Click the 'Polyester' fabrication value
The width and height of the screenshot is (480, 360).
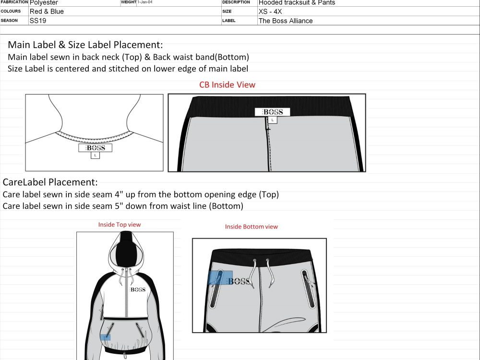[44, 3]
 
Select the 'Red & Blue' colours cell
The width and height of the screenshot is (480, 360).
[47, 12]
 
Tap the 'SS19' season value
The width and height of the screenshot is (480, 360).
[38, 21]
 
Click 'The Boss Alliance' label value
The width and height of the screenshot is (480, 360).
[286, 21]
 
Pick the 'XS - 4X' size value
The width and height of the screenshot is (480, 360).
[270, 12]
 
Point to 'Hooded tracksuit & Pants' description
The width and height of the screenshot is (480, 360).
[297, 3]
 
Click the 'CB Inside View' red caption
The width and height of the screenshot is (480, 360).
[228, 85]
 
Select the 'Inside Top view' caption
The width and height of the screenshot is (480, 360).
[120, 225]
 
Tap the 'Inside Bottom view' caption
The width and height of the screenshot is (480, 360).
[252, 227]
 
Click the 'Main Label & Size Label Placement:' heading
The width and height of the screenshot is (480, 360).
[85, 45]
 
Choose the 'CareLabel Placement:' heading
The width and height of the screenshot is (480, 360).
[50, 182]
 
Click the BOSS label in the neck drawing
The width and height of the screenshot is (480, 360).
[96, 148]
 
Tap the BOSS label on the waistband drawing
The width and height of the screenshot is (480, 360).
[272, 112]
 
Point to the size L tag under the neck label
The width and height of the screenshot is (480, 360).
[95, 156]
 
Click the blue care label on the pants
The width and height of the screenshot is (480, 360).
[220, 277]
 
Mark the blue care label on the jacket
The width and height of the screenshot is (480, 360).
[105, 337]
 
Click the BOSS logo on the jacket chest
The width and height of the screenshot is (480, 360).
[138, 289]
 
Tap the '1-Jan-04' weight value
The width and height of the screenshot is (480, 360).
[145, 2]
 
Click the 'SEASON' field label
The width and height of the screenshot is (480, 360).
[10, 21]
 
